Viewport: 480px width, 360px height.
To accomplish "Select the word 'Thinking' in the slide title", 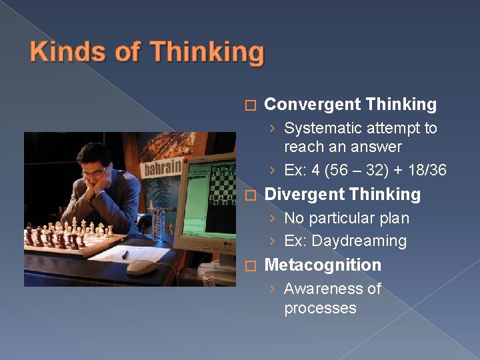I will [207, 53].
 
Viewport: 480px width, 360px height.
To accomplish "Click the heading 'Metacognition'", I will [323, 265].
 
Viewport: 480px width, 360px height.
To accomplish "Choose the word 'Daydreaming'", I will [359, 241].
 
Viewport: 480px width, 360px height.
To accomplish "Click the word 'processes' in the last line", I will [320, 308].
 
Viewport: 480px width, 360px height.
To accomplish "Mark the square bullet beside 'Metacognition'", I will [249, 266].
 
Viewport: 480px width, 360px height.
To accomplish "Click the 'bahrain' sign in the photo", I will [163, 166].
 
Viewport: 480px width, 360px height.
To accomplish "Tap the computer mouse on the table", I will [141, 267].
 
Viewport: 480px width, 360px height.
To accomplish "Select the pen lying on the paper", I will [125, 254].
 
